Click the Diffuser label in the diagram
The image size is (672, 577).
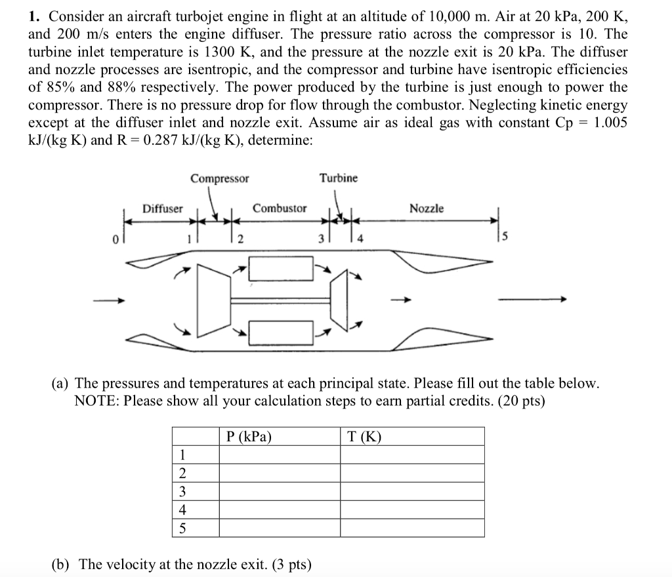pyautogui.click(x=163, y=209)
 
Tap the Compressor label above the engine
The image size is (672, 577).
pyautogui.click(x=220, y=178)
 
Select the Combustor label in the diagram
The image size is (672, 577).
pyautogui.click(x=280, y=209)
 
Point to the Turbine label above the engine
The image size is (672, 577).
pyautogui.click(x=339, y=178)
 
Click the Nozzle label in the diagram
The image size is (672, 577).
pyautogui.click(x=427, y=209)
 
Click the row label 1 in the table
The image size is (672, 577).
pyautogui.click(x=182, y=455)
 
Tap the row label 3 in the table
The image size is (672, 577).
pyautogui.click(x=182, y=492)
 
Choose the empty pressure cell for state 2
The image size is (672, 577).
pyautogui.click(x=279, y=473)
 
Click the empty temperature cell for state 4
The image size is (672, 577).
pyautogui.click(x=412, y=510)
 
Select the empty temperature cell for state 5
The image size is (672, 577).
pyautogui.click(x=412, y=528)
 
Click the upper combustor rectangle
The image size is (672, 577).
pyautogui.click(x=281, y=269)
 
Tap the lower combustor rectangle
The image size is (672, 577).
pyautogui.click(x=281, y=333)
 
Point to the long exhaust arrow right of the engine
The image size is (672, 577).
pyautogui.click(x=530, y=300)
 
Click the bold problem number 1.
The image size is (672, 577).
pyautogui.click(x=33, y=16)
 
